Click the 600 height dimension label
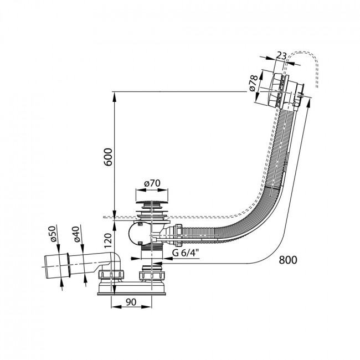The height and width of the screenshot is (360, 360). (x=108, y=157)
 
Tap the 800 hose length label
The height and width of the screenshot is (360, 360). (x=288, y=260)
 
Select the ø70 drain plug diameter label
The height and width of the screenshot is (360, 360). (x=152, y=183)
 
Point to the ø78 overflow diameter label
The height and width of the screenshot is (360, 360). (x=253, y=83)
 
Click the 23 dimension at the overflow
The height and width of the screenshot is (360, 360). (x=281, y=56)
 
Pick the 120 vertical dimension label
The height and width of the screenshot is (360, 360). (x=108, y=240)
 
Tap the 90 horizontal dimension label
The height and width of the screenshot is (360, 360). (x=131, y=302)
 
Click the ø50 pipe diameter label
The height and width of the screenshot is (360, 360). (x=52, y=234)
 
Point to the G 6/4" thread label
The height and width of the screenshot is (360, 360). (x=186, y=253)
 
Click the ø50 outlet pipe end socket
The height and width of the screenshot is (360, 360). (x=56, y=266)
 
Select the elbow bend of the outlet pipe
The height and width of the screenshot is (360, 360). (x=116, y=258)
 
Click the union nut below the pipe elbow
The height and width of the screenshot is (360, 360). (x=111, y=274)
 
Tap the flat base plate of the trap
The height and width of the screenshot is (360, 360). (x=132, y=294)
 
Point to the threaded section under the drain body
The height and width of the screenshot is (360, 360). (x=152, y=247)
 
